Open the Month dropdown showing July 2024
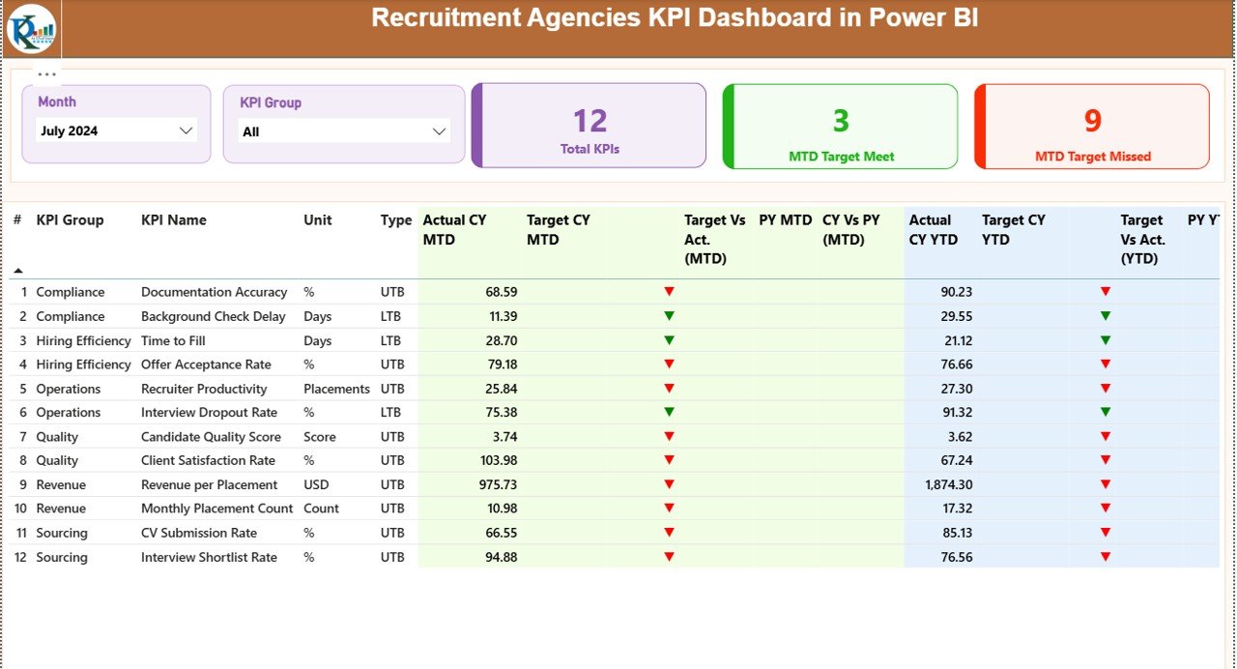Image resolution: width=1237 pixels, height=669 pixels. (x=186, y=131)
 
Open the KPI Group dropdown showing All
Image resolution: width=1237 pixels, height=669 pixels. (x=439, y=131)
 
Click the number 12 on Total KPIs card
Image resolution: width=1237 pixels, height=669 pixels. (x=590, y=121)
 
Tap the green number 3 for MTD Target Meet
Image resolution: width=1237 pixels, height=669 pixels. (x=841, y=121)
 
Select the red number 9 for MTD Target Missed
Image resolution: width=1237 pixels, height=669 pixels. (x=1092, y=121)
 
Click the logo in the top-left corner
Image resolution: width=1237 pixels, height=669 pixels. (x=31, y=29)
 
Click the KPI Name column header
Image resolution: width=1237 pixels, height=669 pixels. (x=174, y=220)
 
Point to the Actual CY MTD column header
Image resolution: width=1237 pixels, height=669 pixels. (x=454, y=229)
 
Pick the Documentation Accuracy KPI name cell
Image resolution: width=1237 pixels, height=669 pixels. (x=214, y=292)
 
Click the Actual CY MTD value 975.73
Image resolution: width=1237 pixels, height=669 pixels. (x=493, y=485)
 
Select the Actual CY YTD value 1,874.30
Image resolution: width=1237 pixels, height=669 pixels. (x=948, y=485)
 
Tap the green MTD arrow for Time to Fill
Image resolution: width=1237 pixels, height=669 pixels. (x=669, y=340)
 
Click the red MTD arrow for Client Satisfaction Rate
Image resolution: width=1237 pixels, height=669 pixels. (x=669, y=460)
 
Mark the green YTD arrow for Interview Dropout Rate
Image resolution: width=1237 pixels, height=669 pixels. (x=1106, y=413)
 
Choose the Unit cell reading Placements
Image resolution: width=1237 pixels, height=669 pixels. (x=336, y=389)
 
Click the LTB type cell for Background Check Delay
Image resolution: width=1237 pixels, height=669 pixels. (x=391, y=316)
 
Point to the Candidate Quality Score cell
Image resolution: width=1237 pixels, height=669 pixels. (x=211, y=437)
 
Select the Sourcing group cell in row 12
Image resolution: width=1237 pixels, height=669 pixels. (x=62, y=557)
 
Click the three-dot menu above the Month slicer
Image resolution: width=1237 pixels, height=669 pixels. (x=46, y=74)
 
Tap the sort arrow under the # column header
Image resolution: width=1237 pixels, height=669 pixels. (x=17, y=271)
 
